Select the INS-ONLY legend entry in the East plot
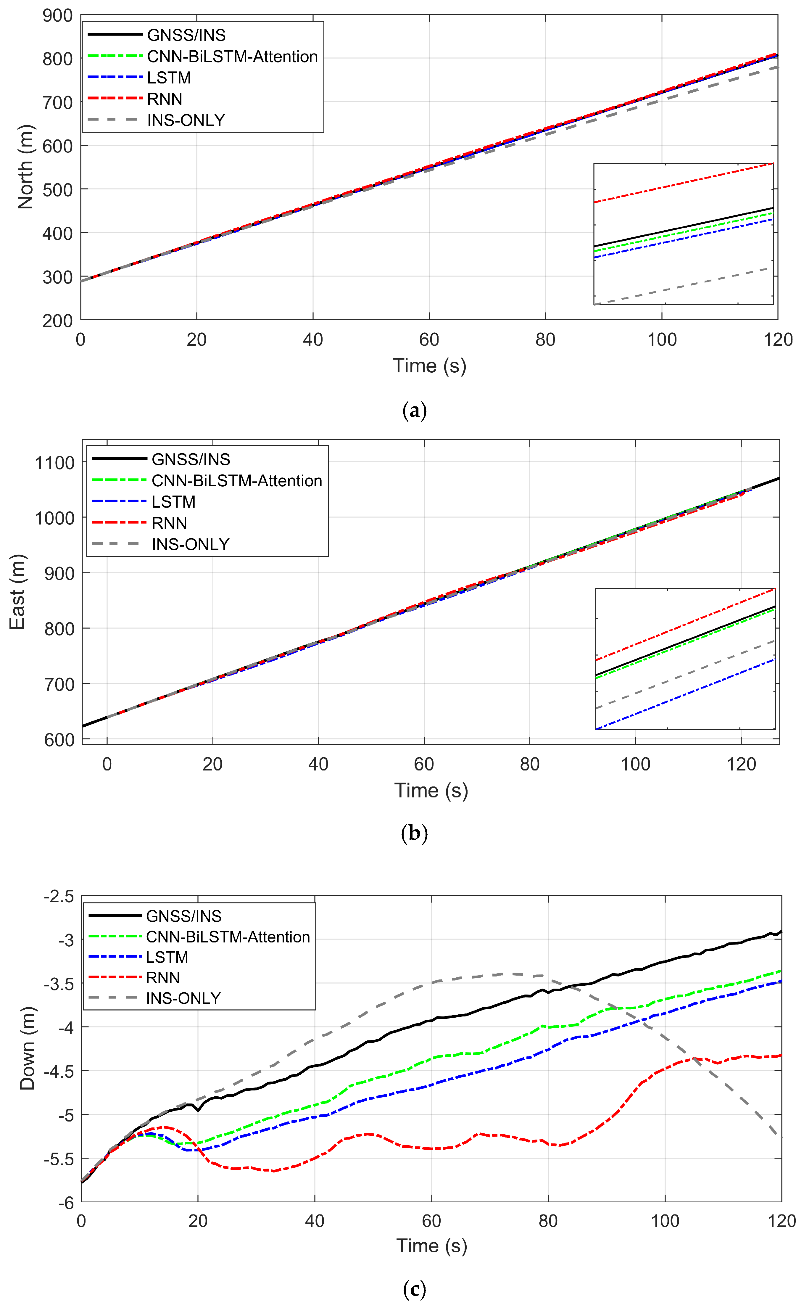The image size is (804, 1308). coord(190,544)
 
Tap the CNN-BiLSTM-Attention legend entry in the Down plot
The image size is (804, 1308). coord(228,937)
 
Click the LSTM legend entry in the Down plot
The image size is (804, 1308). coord(167,958)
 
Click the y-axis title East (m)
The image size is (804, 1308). coord(17,591)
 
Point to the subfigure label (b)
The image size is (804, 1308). coord(414,833)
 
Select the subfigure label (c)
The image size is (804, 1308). coord(414,1289)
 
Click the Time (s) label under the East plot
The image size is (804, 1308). coord(431,790)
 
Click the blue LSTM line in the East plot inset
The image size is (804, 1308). coord(686,694)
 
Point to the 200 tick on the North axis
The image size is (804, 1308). coord(57,321)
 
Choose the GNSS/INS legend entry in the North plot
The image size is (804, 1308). coord(186,35)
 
